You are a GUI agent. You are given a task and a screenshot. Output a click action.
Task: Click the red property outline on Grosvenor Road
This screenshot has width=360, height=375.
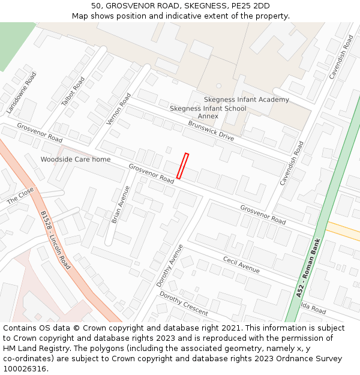pyautogui.click(x=182, y=166)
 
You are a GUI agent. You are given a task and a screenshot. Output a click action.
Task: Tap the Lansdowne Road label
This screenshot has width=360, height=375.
pyautogui.click(x=22, y=93)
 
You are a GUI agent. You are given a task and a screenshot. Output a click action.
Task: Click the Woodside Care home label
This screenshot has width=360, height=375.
pyautogui.click(x=76, y=160)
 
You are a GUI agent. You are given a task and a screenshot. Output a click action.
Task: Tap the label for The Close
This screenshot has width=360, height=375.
pyautogui.click(x=20, y=196)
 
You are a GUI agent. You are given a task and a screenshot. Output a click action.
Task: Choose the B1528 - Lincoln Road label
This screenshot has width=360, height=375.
pyautogui.click(x=55, y=239)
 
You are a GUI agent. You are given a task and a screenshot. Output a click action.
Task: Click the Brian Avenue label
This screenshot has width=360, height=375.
pyautogui.click(x=121, y=205)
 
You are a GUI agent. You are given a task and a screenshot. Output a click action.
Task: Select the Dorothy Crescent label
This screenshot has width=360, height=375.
pyautogui.click(x=184, y=304)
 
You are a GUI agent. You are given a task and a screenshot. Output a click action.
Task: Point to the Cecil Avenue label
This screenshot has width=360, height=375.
pyautogui.click(x=241, y=265)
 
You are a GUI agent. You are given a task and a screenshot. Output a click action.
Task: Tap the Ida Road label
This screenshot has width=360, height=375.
pyautogui.click(x=313, y=309)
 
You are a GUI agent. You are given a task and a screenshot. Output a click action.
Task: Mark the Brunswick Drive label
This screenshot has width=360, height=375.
pyautogui.click(x=211, y=131)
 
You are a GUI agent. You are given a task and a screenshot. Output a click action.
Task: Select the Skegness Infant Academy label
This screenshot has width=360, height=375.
pyautogui.click(x=246, y=100)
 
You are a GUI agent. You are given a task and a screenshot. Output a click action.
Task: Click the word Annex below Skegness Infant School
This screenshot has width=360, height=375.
pyautogui.click(x=208, y=116)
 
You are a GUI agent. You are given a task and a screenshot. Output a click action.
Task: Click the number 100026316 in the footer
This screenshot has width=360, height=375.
pyautogui.click(x=25, y=369)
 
